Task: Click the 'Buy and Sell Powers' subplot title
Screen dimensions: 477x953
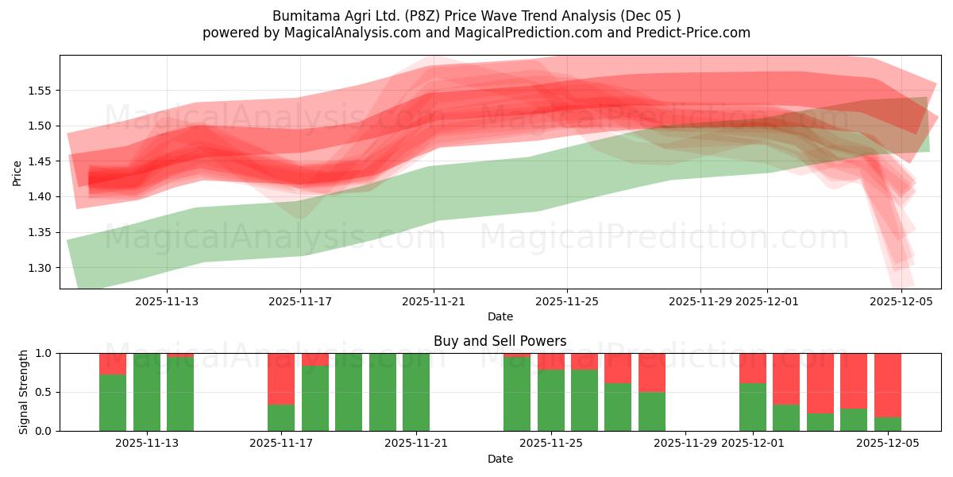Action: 500,341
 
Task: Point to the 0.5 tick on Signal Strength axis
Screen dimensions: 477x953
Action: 43,392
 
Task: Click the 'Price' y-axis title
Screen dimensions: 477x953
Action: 17,173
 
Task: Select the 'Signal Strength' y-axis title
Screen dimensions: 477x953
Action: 24,392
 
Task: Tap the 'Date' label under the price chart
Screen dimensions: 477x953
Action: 500,316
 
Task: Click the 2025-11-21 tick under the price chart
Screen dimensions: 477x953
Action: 434,301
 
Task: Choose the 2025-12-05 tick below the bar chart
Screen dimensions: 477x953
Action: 887,443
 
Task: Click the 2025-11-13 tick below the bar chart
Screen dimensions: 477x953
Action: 146,443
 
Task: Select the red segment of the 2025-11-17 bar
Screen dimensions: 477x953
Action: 281,378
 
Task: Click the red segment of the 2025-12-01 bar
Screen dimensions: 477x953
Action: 752,368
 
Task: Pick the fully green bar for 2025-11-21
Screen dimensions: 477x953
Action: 416,392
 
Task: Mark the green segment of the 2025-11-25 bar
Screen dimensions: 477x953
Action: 551,400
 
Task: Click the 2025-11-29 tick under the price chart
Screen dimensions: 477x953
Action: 700,301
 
